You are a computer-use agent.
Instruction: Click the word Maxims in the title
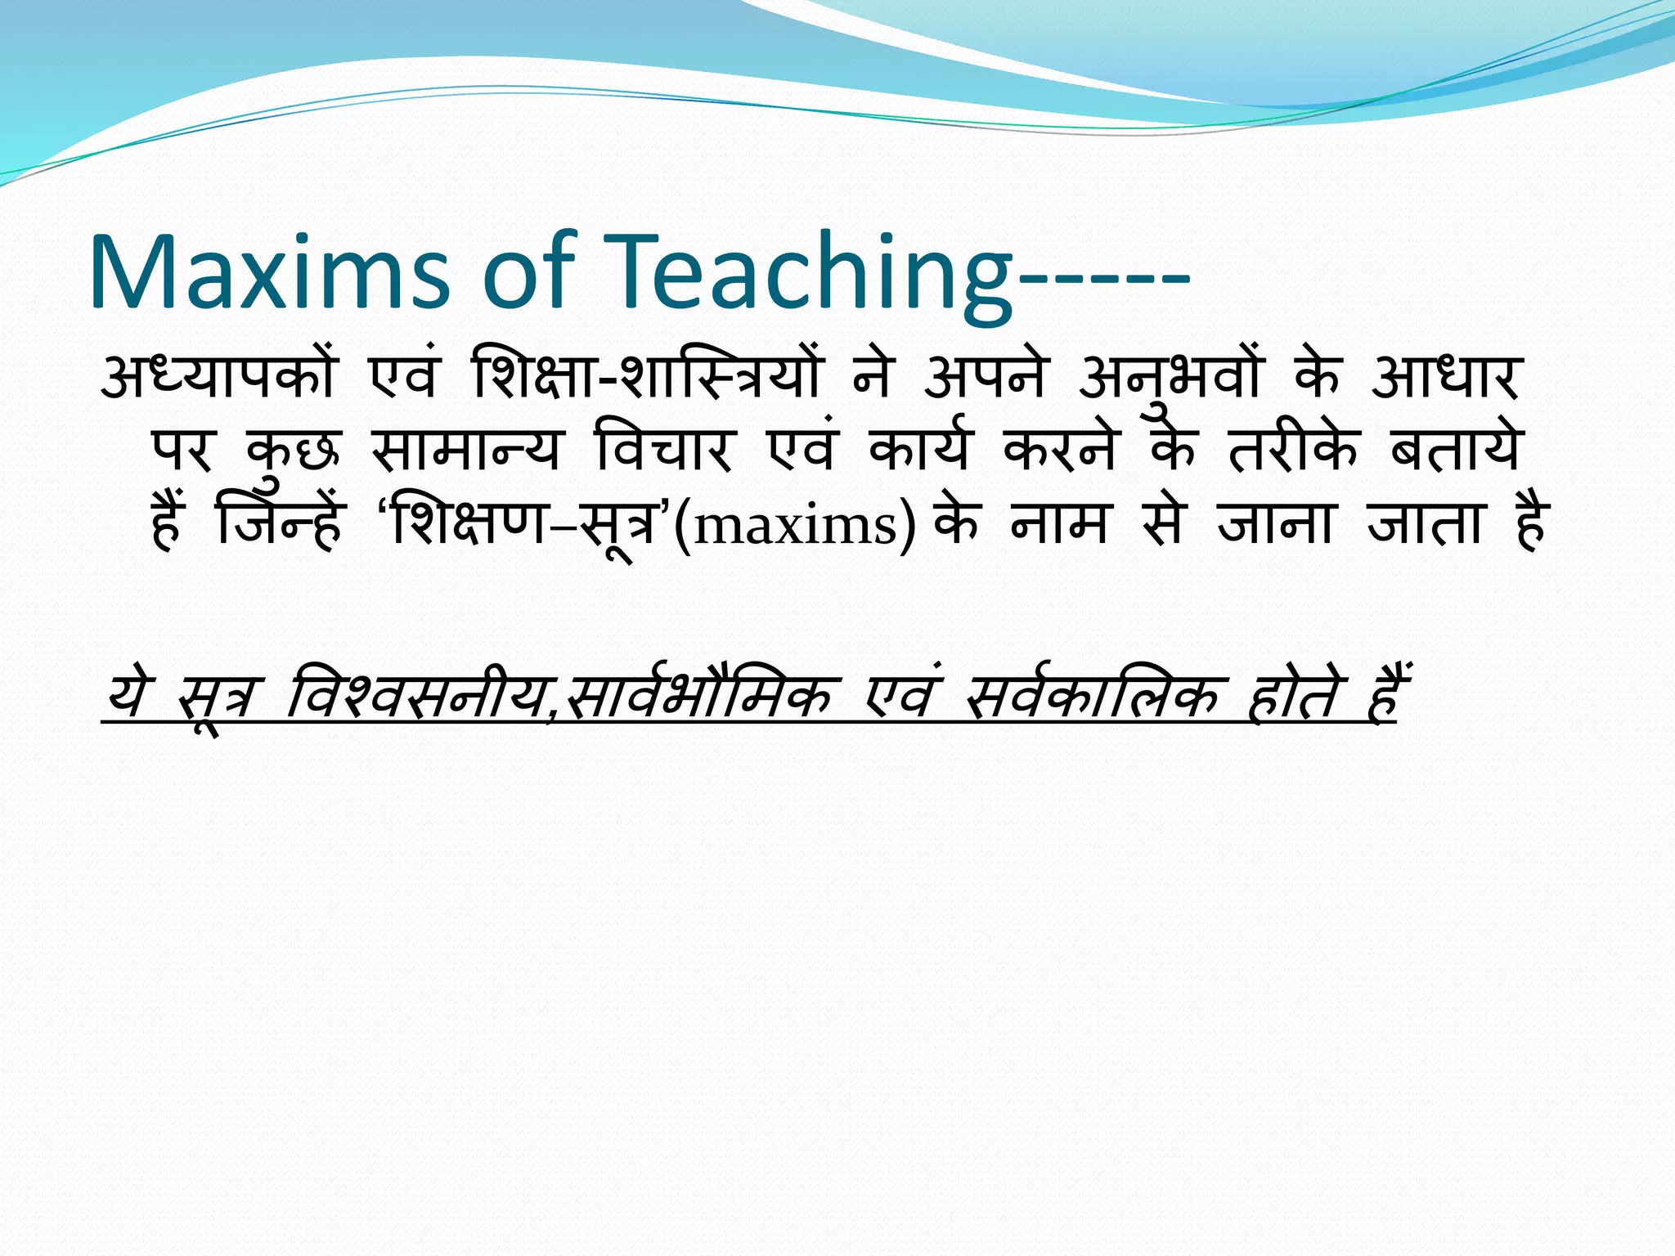click(269, 272)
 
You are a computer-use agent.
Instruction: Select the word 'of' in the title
click(528, 272)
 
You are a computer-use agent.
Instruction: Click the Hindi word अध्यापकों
click(218, 378)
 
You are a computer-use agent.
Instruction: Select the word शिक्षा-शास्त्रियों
click(646, 378)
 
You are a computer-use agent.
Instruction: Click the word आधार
click(1445, 378)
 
